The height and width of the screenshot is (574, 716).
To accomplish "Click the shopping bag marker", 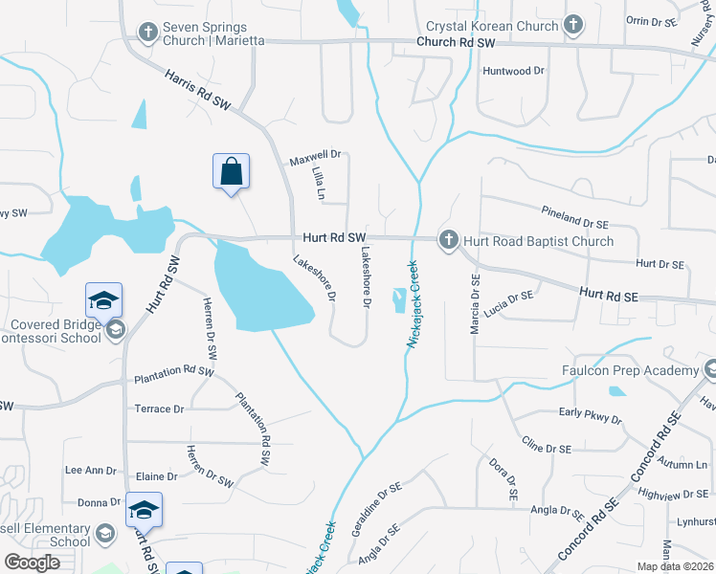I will coord(231,172).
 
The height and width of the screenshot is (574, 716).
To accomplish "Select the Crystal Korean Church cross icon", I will coord(573,26).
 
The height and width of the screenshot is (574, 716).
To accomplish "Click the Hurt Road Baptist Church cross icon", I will coord(448,241).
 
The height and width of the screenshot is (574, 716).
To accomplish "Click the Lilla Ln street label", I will coord(318,183).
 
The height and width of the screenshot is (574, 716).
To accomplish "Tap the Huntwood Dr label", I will coord(513,71).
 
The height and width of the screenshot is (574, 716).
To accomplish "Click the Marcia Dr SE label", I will coord(474,303).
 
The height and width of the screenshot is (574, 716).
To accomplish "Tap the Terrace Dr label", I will coord(159,408).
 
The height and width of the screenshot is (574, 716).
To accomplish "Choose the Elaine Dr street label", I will coord(158,475).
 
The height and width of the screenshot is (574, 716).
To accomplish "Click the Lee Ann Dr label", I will coord(90,471).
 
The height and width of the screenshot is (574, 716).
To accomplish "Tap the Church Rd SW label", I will coord(456,43).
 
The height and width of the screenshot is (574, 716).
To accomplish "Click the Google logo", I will coord(33,563).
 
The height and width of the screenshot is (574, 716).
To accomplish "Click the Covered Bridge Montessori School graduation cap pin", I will coord(103,301).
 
